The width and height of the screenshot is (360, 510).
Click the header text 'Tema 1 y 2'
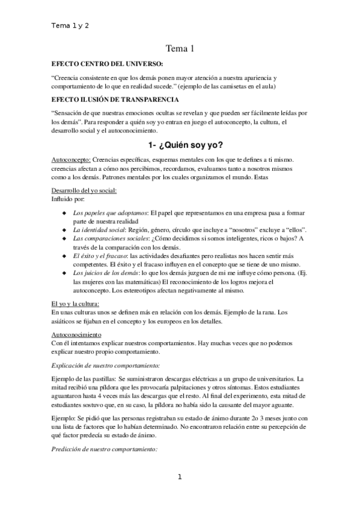pyautogui.click(x=71, y=26)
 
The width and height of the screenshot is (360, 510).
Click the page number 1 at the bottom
pyautogui.click(x=180, y=478)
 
